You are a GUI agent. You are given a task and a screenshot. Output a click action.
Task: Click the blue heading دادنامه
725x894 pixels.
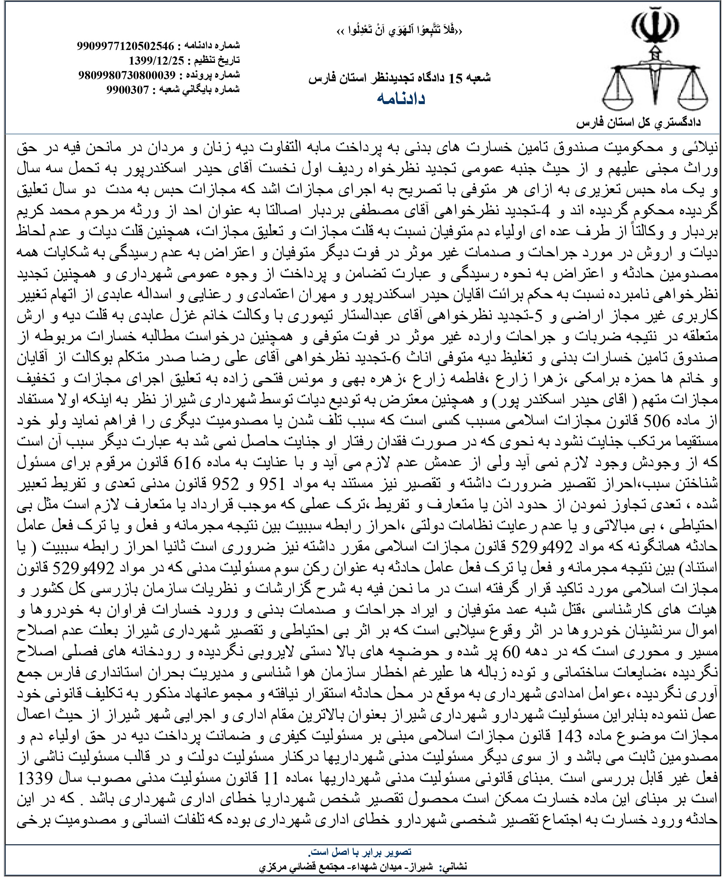pos(401,99)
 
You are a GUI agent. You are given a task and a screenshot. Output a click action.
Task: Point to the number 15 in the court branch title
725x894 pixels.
pos(456,78)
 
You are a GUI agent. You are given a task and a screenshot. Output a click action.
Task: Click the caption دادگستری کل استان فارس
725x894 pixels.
pos(638,123)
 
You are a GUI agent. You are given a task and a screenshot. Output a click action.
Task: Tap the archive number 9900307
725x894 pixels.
pos(127,89)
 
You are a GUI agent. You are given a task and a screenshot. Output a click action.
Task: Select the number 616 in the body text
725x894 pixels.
pos(187,463)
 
